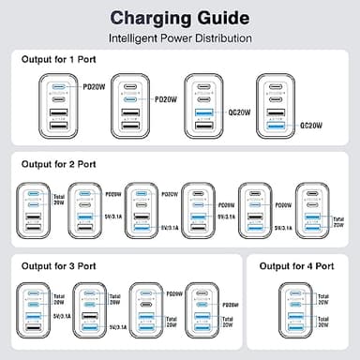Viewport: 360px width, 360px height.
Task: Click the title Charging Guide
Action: coord(180,18)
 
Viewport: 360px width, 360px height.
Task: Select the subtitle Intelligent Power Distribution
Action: coord(180,38)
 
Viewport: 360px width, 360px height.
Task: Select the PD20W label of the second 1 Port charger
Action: coord(165,97)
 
